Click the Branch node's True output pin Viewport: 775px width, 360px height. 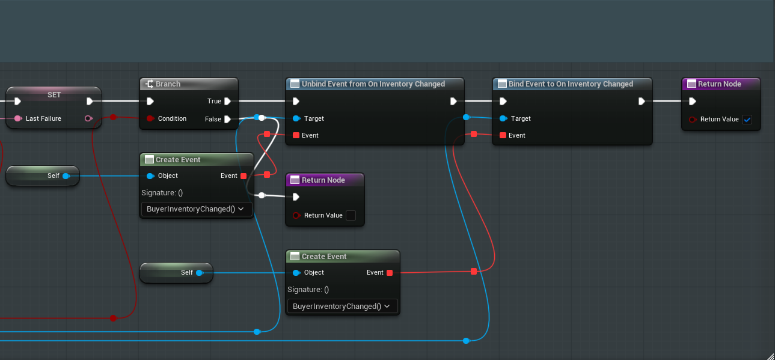[x=227, y=102]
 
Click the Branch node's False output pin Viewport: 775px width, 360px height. [x=227, y=120]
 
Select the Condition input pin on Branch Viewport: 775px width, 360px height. [x=150, y=118]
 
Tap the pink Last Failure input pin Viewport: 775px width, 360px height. [x=18, y=118]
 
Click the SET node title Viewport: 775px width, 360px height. [x=54, y=95]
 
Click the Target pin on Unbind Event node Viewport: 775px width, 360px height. [x=296, y=118]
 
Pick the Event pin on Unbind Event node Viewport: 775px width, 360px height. [x=296, y=135]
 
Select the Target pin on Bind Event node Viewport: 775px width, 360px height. [x=503, y=118]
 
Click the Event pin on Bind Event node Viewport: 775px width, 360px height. [x=503, y=135]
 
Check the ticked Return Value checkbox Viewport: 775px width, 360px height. [x=747, y=120]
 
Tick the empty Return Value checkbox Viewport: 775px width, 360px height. [x=351, y=215]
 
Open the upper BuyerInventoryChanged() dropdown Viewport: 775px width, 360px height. [x=195, y=209]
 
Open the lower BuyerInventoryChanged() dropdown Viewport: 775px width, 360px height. [x=342, y=307]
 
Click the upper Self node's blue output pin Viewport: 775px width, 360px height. [x=66, y=176]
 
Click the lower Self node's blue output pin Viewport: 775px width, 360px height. [x=200, y=273]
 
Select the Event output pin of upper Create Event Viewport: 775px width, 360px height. [x=244, y=176]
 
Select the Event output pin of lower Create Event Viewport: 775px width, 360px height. [x=390, y=273]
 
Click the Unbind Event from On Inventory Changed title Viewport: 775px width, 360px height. [x=373, y=84]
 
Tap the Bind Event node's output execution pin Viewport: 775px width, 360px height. [x=642, y=102]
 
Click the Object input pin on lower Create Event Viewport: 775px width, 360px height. [x=296, y=273]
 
